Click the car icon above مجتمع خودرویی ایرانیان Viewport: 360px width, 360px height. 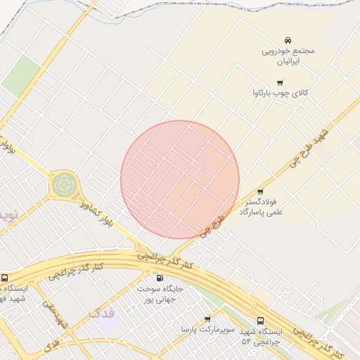(x=288, y=40)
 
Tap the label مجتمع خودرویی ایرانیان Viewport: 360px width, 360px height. (x=288, y=56)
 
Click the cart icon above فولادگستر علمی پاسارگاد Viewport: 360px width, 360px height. (x=260, y=191)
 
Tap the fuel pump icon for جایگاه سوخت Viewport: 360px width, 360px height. (x=160, y=278)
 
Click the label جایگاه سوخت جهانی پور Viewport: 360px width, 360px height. (x=160, y=294)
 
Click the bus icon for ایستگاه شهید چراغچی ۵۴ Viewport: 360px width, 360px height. (x=261, y=321)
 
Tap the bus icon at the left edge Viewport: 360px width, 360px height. (x=5, y=278)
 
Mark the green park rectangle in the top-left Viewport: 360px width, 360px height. (x=22, y=76)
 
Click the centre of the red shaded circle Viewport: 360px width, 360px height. (x=180, y=180)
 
